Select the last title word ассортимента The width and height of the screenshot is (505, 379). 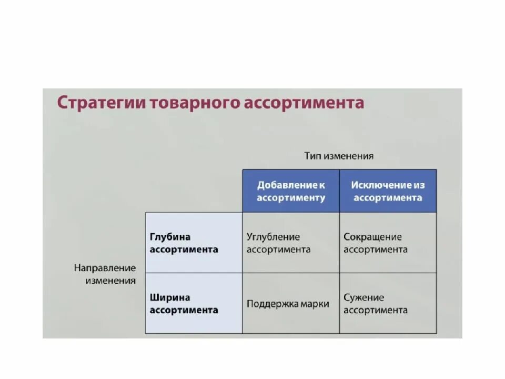click(304, 102)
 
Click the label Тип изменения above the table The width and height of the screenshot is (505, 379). click(339, 156)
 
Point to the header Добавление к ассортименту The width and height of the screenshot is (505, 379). click(291, 192)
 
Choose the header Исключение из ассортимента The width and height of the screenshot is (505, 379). click(388, 192)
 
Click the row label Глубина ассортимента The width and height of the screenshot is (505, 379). click(184, 243)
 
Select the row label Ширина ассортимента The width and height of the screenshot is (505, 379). click(184, 304)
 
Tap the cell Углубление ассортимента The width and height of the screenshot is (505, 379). click(278, 243)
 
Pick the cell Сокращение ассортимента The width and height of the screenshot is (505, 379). click(376, 243)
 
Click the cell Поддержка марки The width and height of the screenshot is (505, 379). click(288, 304)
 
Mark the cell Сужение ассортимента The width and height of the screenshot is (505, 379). click(376, 304)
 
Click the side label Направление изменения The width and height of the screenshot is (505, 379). click(105, 274)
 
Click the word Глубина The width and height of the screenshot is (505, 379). click(170, 237)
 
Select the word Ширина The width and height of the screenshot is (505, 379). click(170, 297)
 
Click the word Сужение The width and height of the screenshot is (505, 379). click(364, 297)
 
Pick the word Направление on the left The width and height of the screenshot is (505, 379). click(105, 268)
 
